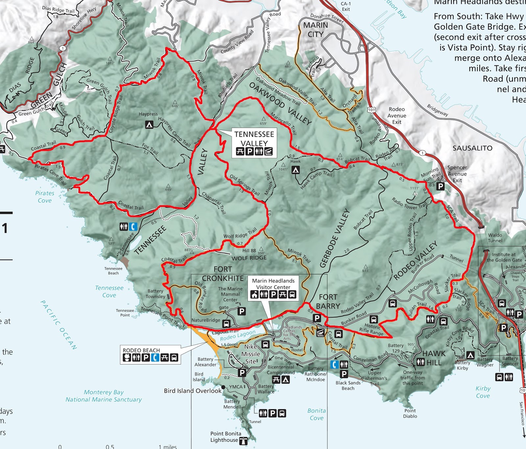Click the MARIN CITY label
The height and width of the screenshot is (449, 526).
(x=316, y=30)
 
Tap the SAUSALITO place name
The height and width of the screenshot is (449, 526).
(x=472, y=148)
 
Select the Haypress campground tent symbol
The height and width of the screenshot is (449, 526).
(x=149, y=125)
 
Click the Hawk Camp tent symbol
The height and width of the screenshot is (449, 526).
(x=296, y=170)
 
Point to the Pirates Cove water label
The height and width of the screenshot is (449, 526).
(x=45, y=197)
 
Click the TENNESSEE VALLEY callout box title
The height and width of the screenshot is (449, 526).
(x=254, y=138)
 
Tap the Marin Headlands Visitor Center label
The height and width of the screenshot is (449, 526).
(x=273, y=284)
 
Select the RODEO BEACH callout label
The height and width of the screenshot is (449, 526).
(x=141, y=350)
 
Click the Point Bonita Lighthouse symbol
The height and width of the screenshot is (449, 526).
(x=243, y=441)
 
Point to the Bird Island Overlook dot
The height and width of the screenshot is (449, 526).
(x=223, y=387)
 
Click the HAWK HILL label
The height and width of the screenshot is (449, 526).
(x=434, y=358)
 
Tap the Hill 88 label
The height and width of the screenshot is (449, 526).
(x=249, y=251)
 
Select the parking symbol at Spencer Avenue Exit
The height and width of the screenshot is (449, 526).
(x=440, y=186)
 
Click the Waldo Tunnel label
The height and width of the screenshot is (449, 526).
(x=495, y=238)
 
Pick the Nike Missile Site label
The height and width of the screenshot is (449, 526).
(x=251, y=354)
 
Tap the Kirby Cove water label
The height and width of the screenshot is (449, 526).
(x=483, y=392)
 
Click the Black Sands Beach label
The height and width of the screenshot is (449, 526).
(x=348, y=386)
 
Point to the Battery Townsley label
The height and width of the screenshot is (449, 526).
(x=155, y=294)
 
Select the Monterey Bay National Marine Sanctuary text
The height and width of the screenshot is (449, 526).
(x=104, y=396)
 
